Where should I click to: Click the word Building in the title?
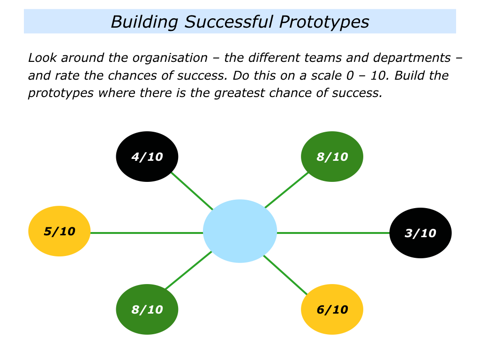144,22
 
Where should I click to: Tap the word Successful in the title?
229,22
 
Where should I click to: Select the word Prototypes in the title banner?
324,22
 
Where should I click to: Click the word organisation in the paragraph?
170,58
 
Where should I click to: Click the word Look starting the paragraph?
42,58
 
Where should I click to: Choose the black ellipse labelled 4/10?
147,157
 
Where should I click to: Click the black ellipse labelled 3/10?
420,233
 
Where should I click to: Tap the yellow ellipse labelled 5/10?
60,231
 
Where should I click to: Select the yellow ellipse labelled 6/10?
332,309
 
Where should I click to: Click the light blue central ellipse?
240,231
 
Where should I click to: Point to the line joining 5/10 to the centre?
147,233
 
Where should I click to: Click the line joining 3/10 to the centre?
333,233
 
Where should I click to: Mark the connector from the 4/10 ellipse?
192,191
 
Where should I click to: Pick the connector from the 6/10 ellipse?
285,275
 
